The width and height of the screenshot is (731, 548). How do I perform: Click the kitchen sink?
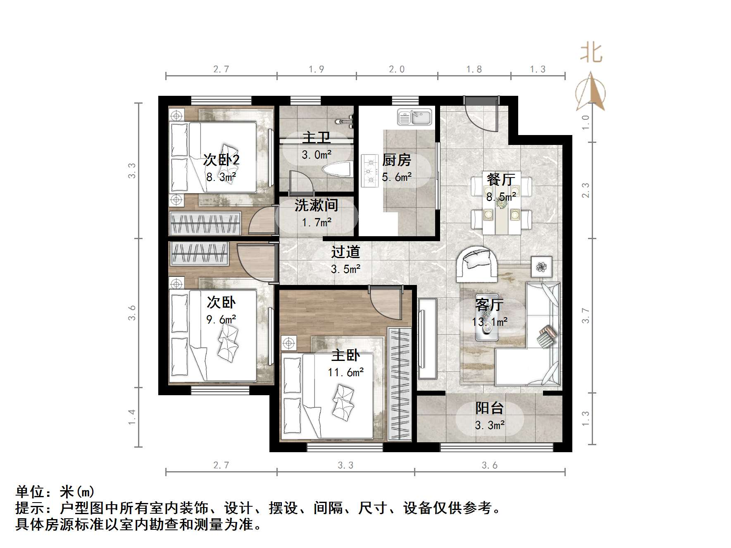(x=414, y=117)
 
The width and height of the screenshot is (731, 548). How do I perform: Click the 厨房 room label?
(x=396, y=160)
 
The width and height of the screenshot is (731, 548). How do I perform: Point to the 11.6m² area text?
(x=345, y=372)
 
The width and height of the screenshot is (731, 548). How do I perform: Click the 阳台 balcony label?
(x=489, y=408)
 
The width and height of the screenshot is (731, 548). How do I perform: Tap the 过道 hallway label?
(x=345, y=252)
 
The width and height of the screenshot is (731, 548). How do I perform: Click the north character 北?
(x=591, y=54)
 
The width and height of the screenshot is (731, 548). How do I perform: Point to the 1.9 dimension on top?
(x=316, y=69)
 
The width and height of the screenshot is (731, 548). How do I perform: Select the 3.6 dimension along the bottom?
(x=489, y=465)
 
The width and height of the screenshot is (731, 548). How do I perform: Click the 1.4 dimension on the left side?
(x=131, y=417)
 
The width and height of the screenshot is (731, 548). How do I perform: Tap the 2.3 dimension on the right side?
(x=586, y=190)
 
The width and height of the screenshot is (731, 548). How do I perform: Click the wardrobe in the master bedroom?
(x=400, y=384)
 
